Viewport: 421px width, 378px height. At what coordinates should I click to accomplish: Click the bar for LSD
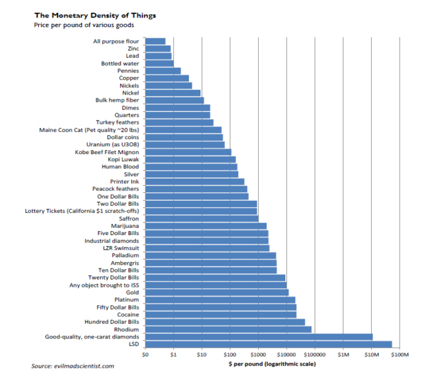(268, 344)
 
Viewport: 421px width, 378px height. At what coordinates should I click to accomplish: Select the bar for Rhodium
(228, 329)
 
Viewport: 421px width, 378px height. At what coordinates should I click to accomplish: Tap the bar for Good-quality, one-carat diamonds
(259, 337)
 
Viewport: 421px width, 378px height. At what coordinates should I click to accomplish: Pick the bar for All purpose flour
(155, 41)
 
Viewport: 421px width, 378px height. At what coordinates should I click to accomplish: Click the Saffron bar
(202, 218)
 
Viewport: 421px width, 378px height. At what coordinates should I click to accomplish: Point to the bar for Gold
(217, 293)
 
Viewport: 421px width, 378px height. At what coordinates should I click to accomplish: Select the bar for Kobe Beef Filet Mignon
(188, 152)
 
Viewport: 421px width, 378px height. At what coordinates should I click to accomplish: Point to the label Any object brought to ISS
(104, 285)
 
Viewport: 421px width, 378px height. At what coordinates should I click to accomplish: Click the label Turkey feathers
(118, 122)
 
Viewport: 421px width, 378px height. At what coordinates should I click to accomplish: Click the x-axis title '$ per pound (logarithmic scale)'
(271, 365)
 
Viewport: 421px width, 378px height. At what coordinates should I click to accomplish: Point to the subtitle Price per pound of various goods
(75, 26)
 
